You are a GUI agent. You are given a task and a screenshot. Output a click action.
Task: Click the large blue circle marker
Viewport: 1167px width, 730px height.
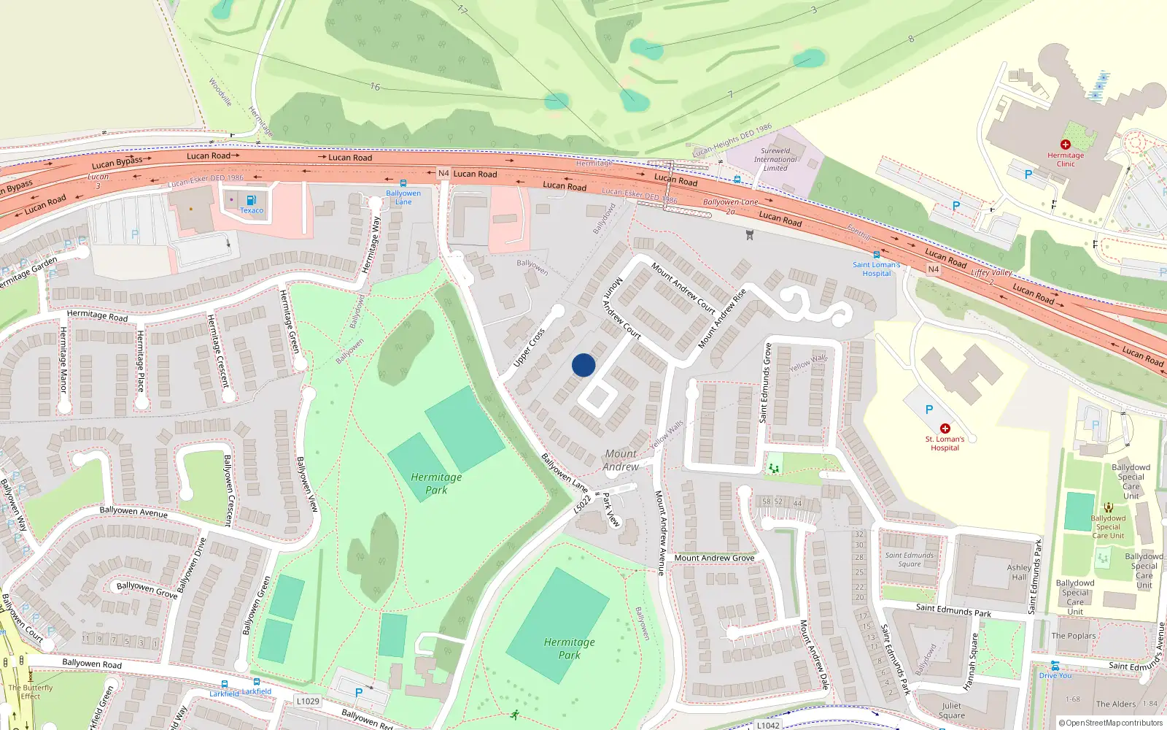click(583, 365)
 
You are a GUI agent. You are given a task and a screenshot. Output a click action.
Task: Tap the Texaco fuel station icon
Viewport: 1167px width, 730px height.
click(251, 200)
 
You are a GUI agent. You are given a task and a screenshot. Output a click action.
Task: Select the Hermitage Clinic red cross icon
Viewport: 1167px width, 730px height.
click(1066, 145)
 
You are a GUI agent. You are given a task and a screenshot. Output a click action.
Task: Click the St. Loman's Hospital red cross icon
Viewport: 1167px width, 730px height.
click(945, 429)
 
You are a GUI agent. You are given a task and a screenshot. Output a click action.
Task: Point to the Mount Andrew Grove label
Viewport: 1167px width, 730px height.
click(714, 558)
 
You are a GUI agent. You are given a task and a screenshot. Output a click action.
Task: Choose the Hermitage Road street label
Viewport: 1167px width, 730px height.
click(97, 315)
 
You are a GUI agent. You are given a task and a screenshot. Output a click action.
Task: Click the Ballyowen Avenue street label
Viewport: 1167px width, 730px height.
click(133, 512)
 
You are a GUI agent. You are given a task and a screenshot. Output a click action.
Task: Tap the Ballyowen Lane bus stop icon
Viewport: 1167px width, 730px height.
click(403, 183)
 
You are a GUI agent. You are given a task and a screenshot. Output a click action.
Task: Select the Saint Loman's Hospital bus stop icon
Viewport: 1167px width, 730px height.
click(877, 255)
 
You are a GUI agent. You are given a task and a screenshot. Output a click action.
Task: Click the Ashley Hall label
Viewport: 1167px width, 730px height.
click(1019, 572)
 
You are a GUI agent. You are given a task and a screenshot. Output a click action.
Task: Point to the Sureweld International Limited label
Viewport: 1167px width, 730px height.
click(775, 159)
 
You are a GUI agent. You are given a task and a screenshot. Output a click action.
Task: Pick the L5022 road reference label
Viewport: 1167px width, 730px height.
click(582, 504)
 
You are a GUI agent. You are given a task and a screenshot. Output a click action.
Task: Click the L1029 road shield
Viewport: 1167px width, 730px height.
click(308, 701)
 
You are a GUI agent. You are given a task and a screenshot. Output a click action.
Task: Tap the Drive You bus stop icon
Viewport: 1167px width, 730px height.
click(1055, 665)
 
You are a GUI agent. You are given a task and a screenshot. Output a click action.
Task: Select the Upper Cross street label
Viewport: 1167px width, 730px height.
click(529, 347)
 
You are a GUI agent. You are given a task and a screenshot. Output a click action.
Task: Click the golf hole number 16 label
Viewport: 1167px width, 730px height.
click(375, 87)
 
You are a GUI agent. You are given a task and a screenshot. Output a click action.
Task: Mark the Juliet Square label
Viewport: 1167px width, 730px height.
click(951, 710)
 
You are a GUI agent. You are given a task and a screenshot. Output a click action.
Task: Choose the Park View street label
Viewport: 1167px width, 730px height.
click(610, 509)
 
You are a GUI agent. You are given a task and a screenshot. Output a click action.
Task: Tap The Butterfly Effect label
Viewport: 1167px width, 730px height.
click(31, 691)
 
